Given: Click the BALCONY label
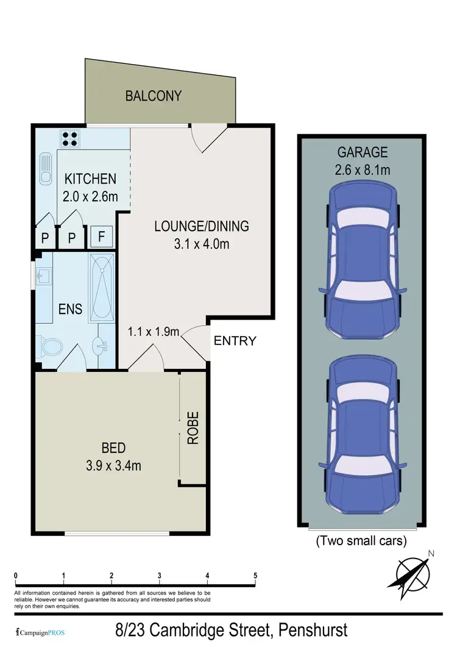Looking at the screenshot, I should tap(154, 96).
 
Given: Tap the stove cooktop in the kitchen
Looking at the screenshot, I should tap(68, 139).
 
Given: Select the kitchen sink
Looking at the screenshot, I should tap(46, 169).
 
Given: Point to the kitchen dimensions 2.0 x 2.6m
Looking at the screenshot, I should tap(91, 197).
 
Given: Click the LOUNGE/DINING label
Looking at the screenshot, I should tap(201, 226).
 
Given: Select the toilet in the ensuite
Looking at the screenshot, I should tap(51, 347).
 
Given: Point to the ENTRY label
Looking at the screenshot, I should tap(235, 341).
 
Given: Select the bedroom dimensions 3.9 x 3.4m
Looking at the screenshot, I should tap(113, 466).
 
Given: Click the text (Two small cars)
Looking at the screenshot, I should tap(361, 540).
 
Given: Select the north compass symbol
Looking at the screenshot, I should tap(413, 572).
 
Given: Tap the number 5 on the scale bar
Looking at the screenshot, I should tap(255, 575).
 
